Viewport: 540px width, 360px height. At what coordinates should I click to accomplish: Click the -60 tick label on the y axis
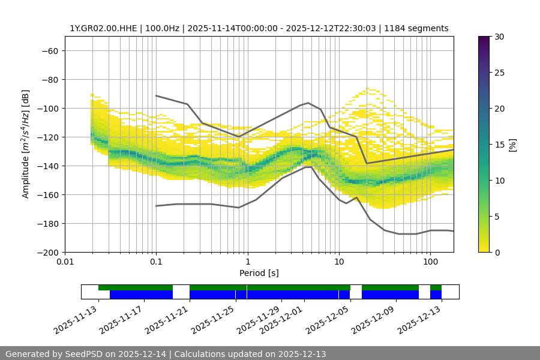pos(49,50)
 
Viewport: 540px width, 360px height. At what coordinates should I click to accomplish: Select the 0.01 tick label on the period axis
pos(65,262)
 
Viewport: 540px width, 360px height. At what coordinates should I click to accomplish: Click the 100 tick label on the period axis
pos(430,262)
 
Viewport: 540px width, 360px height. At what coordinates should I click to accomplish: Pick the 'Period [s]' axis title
pos(259,273)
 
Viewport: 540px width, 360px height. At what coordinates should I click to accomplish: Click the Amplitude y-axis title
pos(26,144)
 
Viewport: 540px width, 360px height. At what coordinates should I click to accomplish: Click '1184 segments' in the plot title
pos(416,28)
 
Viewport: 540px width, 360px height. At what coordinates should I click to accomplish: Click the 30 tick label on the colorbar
pos(499,37)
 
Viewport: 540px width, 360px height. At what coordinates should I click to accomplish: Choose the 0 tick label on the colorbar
pos(497,252)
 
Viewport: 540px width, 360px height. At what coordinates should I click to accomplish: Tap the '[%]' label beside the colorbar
pos(512,144)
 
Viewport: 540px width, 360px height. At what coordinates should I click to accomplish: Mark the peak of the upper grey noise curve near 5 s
pos(308,103)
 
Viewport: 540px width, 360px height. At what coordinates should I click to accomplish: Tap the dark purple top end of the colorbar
pos(484,39)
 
